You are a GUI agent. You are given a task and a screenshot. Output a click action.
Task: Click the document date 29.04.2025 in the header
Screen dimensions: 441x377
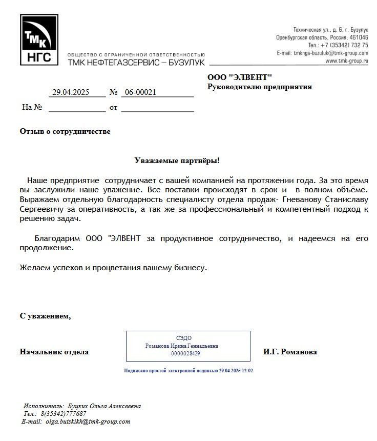click(x=71, y=92)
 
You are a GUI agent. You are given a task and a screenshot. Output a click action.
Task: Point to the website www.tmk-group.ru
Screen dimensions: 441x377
click(x=347, y=61)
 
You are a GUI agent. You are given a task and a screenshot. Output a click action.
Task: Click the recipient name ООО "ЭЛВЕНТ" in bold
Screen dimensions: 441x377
click(x=240, y=77)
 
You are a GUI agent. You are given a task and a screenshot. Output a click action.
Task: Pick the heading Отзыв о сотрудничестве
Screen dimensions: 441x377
click(x=65, y=132)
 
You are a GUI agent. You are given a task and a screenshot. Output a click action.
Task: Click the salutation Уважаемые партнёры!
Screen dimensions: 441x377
click(x=177, y=161)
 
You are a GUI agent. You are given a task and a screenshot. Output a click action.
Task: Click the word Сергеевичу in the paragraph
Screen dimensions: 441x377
click(x=42, y=209)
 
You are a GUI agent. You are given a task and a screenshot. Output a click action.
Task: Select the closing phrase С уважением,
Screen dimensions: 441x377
click(x=45, y=316)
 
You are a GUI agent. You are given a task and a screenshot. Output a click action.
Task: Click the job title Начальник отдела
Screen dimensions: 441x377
click(x=54, y=352)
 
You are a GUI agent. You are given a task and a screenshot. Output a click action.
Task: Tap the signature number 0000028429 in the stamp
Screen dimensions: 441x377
click(x=185, y=353)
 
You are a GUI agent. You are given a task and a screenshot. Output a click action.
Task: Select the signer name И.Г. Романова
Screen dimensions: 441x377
click(x=290, y=352)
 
